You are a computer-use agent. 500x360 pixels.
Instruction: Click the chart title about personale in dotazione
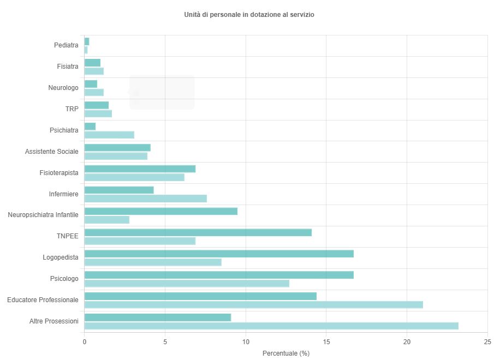[x=249, y=15]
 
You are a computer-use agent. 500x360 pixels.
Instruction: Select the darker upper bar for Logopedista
[x=219, y=254]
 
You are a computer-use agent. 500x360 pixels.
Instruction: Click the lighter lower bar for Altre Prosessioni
[x=271, y=326]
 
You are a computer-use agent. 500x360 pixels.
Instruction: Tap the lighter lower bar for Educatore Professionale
[x=253, y=305]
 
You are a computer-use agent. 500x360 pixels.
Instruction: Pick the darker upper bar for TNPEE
[x=198, y=232]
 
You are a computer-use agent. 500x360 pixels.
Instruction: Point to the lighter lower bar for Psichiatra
[x=109, y=135]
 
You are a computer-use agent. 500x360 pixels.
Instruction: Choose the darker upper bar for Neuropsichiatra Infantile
[x=160, y=211]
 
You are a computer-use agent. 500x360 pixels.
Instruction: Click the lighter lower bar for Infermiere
[x=145, y=199]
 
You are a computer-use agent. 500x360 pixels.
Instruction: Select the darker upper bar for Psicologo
[x=219, y=275]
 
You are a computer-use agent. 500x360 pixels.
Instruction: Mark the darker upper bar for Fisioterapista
[x=140, y=169]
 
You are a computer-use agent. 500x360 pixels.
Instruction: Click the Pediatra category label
[x=67, y=45]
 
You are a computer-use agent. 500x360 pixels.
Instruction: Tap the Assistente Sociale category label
[x=52, y=152]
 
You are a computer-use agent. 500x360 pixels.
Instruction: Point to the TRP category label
[x=72, y=109]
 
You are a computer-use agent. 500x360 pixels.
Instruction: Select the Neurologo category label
[x=63, y=88]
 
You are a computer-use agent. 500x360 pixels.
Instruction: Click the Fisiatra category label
[x=68, y=67]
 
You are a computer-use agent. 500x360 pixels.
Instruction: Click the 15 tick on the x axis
[x=326, y=341]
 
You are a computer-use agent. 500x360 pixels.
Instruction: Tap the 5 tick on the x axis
[x=165, y=341]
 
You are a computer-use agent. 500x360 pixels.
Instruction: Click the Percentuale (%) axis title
[x=285, y=353]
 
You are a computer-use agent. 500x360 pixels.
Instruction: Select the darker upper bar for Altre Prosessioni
[x=157, y=317]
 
